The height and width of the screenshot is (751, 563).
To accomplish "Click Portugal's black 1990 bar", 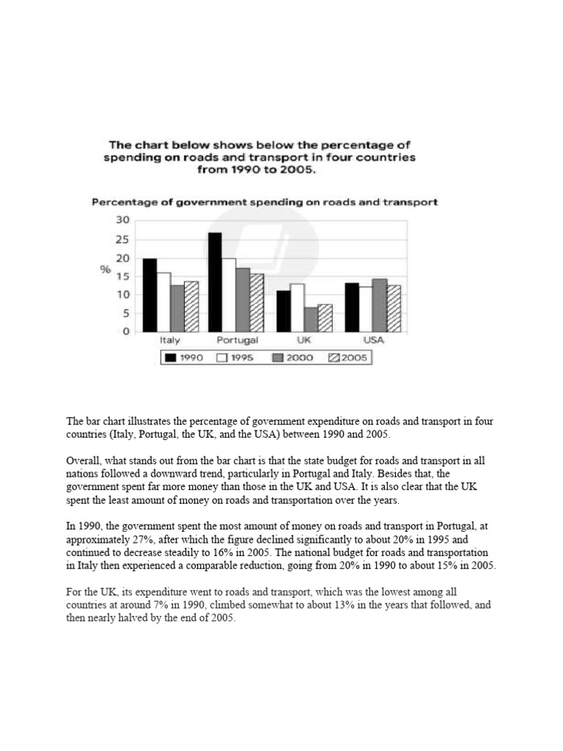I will [x=216, y=282].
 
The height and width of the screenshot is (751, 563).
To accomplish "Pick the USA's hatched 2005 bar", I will [x=394, y=308].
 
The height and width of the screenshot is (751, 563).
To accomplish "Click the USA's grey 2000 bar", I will [x=380, y=305].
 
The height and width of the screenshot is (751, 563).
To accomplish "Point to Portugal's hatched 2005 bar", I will [x=257, y=302].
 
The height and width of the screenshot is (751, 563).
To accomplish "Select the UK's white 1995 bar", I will [x=297, y=307].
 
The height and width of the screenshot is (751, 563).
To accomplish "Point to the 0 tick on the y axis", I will [x=126, y=331].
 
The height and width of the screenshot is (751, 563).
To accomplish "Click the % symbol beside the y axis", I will [x=106, y=270].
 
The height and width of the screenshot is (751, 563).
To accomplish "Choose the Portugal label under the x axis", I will [x=237, y=341].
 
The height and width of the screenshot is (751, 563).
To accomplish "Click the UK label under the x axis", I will [x=304, y=341].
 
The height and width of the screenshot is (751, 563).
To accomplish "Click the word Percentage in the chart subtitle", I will [x=118, y=202].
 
